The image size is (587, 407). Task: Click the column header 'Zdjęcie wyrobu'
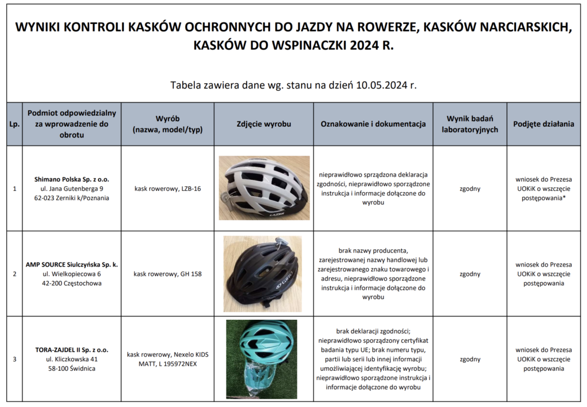[x=264, y=124]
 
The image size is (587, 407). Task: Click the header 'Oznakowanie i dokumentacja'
[x=373, y=124]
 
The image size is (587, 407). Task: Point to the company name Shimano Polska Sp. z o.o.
[x=72, y=179]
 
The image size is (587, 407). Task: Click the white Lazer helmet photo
[x=264, y=187]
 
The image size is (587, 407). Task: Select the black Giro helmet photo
[x=263, y=273]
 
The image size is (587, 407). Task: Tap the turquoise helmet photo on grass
[x=261, y=359]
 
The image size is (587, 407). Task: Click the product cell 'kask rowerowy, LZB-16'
[x=167, y=189]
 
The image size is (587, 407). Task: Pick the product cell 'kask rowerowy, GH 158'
[x=167, y=274]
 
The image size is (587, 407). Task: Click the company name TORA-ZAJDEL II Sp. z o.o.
[x=72, y=350]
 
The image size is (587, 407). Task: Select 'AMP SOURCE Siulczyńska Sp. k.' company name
[x=72, y=265]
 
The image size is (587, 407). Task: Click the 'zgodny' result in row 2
[x=469, y=274]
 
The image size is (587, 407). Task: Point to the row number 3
[x=14, y=359]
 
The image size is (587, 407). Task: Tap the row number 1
[x=14, y=189]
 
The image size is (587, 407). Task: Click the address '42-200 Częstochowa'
[x=72, y=284]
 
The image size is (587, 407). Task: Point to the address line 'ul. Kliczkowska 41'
[x=72, y=359]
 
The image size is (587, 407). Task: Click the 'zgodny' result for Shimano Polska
[x=469, y=189]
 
